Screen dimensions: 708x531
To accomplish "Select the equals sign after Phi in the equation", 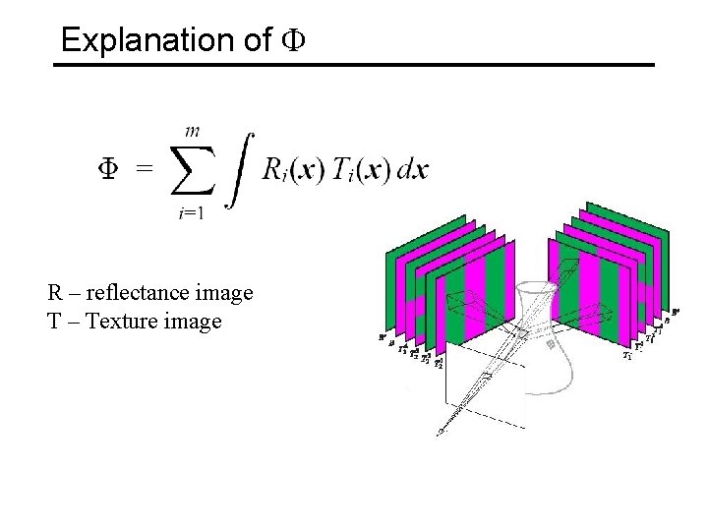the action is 145,169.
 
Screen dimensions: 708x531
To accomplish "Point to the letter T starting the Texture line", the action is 53,321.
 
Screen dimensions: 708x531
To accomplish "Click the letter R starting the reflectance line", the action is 54,293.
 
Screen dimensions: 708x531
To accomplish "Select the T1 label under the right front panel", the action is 626,356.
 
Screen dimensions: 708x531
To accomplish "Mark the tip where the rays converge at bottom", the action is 440,432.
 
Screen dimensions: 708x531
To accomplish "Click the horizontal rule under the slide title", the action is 354,65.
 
